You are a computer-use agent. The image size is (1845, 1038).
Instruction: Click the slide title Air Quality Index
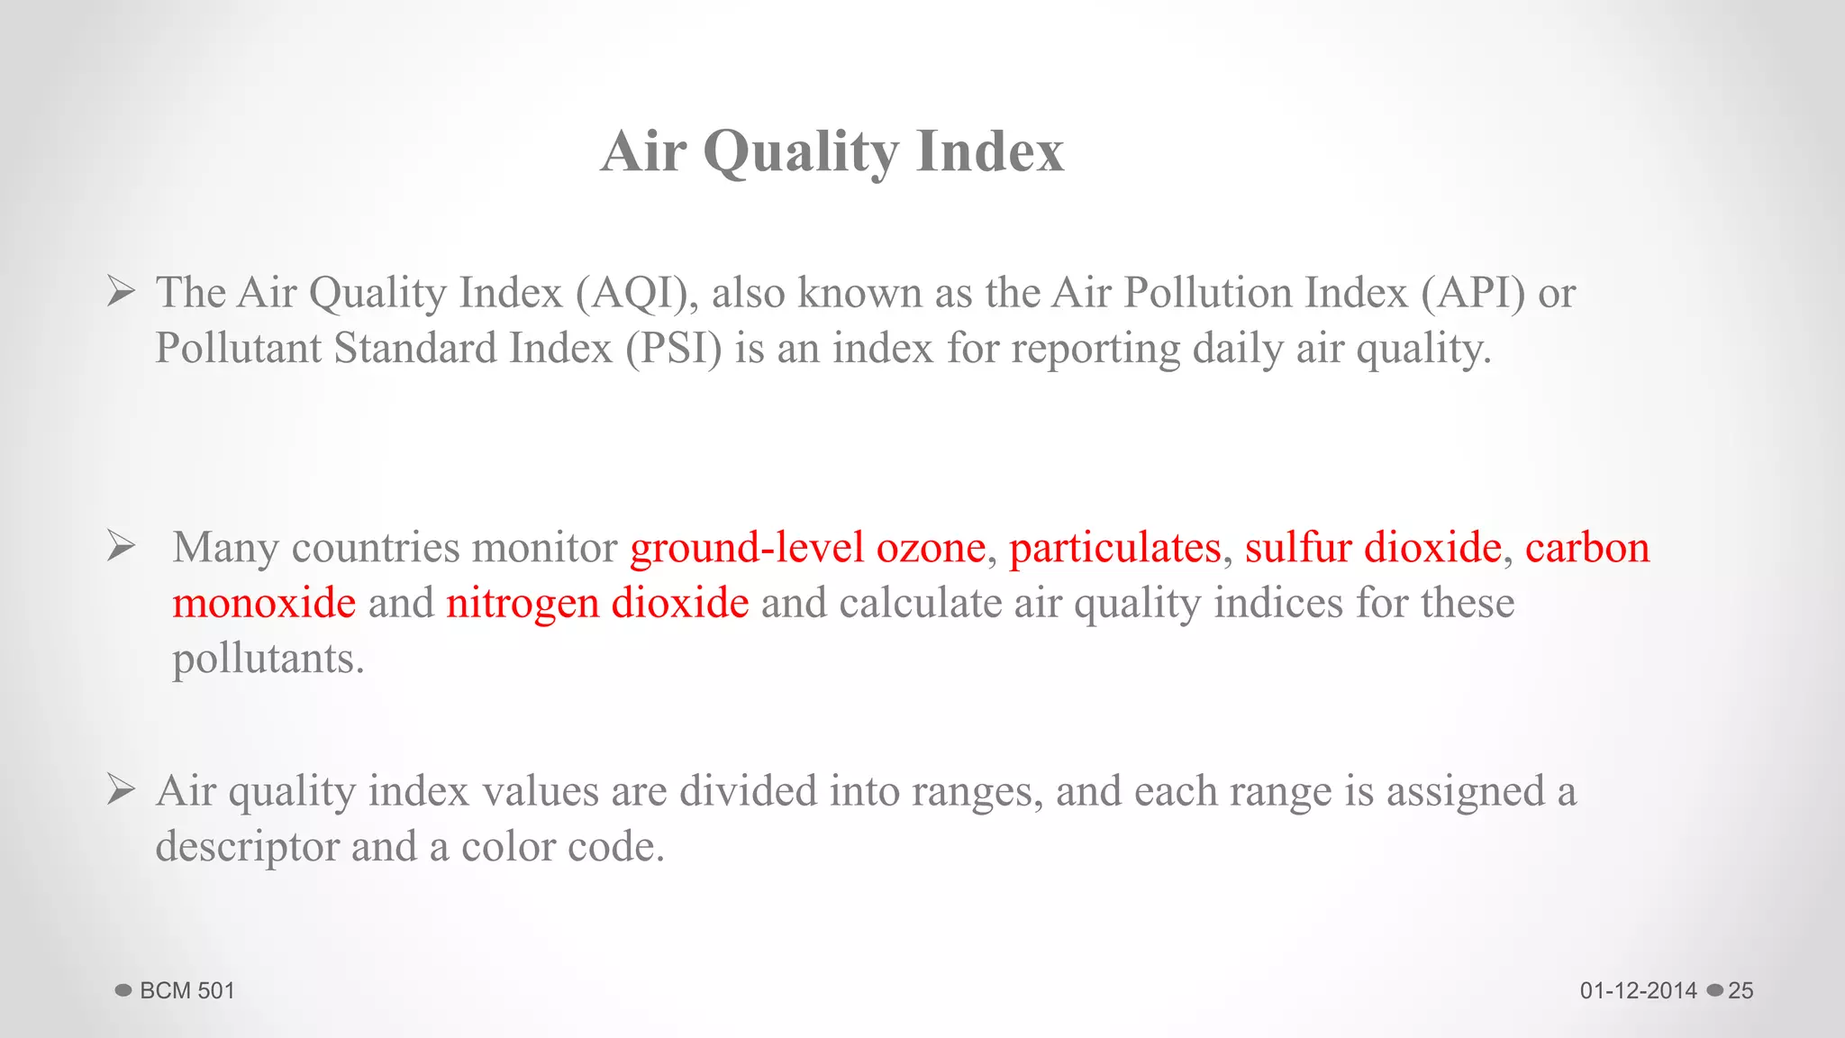(832, 150)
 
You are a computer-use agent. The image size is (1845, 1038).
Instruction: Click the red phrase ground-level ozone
(807, 548)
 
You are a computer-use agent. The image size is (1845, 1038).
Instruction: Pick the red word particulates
(1114, 548)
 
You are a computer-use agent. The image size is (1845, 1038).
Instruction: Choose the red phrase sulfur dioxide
(1373, 548)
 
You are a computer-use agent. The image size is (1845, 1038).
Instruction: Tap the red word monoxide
(264, 603)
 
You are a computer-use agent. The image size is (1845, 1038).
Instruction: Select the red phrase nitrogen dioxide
(597, 603)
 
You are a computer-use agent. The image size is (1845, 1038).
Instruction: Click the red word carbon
(1587, 548)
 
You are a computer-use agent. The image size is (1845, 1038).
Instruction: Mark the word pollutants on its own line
(268, 659)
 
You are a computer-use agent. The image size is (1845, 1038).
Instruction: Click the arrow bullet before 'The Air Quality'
(121, 292)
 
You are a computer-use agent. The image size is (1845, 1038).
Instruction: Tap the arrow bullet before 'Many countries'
(121, 546)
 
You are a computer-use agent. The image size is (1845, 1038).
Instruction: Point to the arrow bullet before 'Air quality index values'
(121, 790)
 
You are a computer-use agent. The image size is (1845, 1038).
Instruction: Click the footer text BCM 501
(187, 991)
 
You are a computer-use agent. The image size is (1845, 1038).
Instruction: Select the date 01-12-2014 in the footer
(1638, 991)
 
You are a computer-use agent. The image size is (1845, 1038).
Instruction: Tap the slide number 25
(1740, 991)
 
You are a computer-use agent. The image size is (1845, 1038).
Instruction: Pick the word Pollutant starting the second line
(238, 349)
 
